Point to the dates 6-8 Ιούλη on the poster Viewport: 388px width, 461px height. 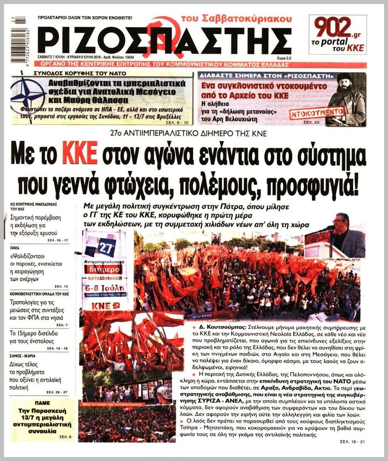(105, 288)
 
